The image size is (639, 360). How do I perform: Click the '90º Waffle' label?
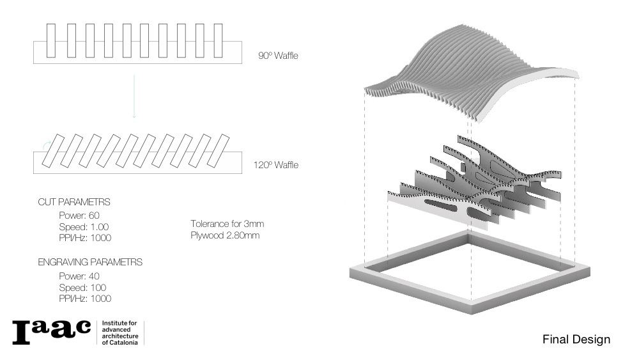(278, 56)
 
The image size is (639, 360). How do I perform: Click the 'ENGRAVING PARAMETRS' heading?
(90, 262)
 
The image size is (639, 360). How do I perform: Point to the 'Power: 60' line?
(79, 215)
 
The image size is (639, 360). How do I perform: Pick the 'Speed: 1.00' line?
(82, 226)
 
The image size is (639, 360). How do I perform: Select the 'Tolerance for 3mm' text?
(227, 224)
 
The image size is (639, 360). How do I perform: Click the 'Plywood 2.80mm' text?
(224, 235)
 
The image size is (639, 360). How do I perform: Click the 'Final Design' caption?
(576, 339)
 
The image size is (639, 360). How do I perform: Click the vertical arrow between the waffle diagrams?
(134, 96)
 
